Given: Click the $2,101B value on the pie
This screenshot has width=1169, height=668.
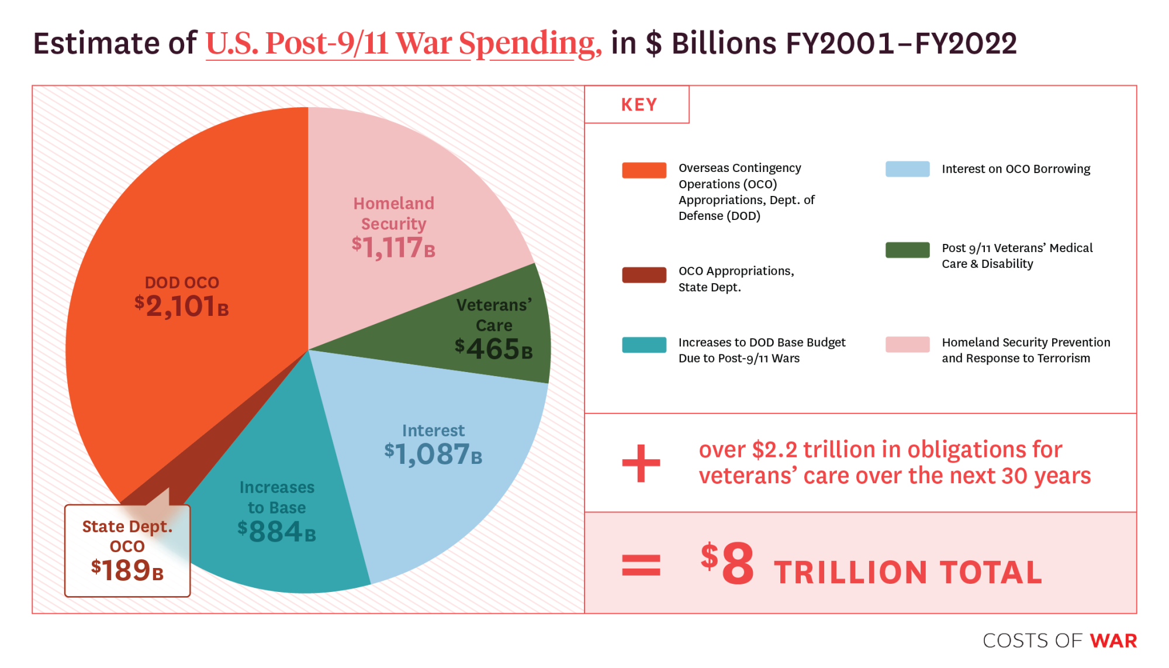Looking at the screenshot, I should pos(182,306).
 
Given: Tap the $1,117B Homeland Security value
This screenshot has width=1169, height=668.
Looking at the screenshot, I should pos(393,247).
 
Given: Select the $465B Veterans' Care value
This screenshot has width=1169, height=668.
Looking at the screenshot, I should pos(494,349).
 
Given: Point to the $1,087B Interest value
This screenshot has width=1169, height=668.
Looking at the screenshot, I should pos(433,454).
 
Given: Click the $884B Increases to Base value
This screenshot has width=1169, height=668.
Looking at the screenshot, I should pos(276,532).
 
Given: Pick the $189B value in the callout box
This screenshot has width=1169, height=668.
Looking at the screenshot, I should pos(127,570).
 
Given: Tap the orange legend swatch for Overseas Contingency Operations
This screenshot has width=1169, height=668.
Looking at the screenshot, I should pos(644,170).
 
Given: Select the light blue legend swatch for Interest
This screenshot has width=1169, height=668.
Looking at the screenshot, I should pos(907,169).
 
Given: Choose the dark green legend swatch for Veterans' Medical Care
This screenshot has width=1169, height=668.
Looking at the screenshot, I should pos(907,250).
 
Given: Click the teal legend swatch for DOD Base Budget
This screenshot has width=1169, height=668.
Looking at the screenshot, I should pos(644,345).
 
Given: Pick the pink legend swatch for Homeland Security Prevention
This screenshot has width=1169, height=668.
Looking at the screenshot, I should pos(907,345).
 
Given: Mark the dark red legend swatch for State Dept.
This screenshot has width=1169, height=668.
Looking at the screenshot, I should pos(644,275).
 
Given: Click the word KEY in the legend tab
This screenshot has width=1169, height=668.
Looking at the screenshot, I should pos(639,105).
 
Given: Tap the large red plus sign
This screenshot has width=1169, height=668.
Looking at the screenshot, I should pos(641,463).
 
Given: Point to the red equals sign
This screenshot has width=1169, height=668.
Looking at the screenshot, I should pos(641,565).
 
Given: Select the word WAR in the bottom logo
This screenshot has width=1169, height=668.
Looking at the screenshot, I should pos(1113,641).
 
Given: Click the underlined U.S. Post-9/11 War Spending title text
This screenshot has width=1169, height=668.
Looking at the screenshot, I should pos(403,43).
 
